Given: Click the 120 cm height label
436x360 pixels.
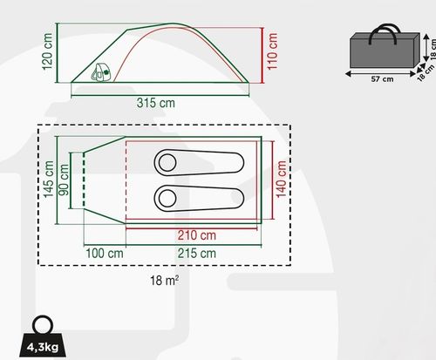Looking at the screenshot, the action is click(x=47, y=51).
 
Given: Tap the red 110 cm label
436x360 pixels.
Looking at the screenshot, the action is click(x=272, y=51).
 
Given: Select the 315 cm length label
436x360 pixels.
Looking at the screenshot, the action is click(x=156, y=103).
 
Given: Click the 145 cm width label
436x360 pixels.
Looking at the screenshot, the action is click(x=49, y=180).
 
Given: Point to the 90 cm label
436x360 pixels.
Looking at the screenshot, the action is click(x=64, y=180).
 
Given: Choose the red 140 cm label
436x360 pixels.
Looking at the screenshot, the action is click(x=281, y=180).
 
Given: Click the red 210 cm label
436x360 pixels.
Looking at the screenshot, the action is click(x=197, y=235).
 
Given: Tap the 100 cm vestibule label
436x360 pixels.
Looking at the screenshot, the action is click(x=105, y=254).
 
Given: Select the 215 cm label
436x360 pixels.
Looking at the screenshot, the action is click(x=197, y=254).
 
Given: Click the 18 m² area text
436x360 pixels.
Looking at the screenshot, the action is click(x=164, y=281).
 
